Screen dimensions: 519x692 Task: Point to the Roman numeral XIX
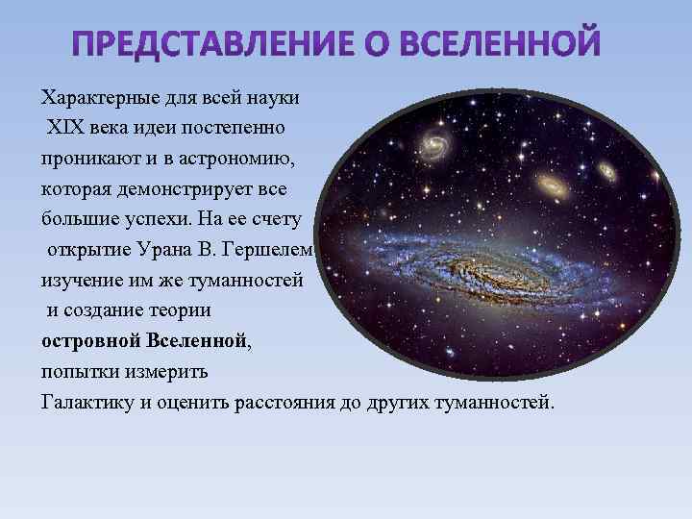pos(65,128)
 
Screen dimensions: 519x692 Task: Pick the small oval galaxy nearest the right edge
pos(606,171)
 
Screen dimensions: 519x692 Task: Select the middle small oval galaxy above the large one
pos(550,184)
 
